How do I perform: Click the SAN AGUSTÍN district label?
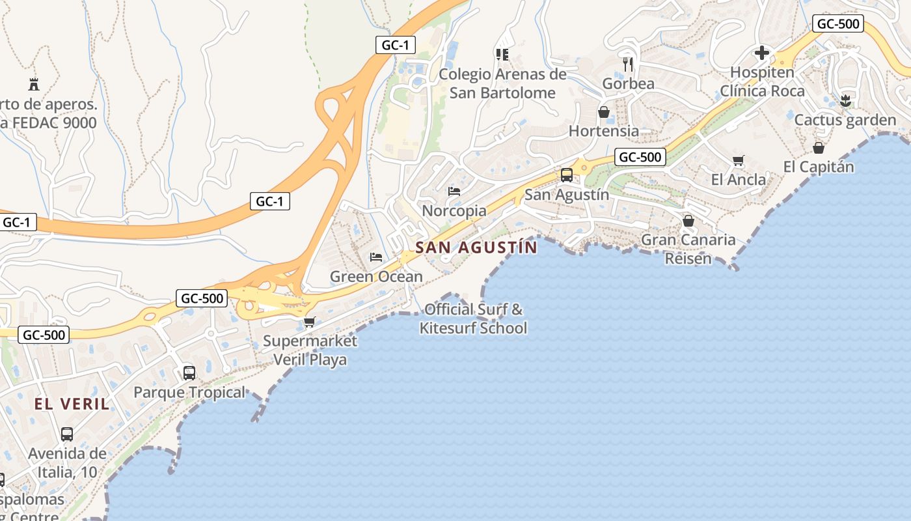(476, 247)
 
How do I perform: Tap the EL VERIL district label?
(72, 404)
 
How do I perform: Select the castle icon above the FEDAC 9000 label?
(34, 84)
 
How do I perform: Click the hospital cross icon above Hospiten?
(762, 53)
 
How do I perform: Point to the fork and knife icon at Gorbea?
(628, 64)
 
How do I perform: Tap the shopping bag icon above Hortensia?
(604, 112)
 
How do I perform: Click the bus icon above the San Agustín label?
(567, 175)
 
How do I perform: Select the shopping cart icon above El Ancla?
(738, 160)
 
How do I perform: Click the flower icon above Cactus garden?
(845, 100)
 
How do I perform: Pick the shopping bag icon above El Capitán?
(819, 148)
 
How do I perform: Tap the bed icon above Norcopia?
(454, 191)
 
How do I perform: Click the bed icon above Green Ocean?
(375, 257)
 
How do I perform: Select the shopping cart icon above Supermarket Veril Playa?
(310, 322)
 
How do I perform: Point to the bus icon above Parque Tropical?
(189, 373)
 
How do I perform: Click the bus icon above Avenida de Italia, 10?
(67, 434)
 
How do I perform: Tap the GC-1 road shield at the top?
(396, 45)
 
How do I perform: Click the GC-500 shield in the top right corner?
(838, 24)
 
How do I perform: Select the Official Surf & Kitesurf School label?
(473, 318)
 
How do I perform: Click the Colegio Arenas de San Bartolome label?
(502, 83)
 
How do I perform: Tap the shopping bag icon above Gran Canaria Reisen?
(688, 221)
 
